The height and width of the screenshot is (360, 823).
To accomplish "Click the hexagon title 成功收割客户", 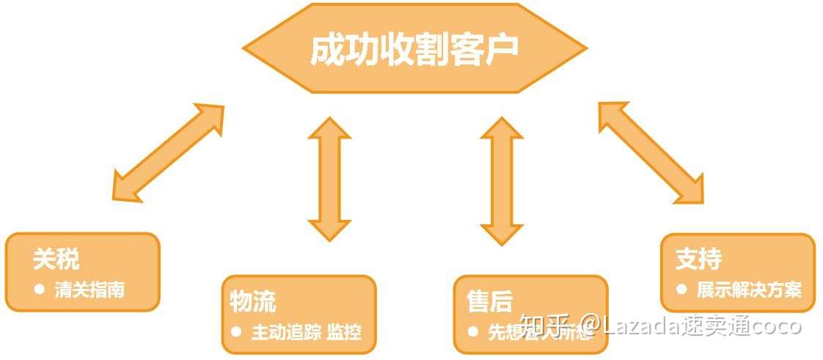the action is tap(414, 49).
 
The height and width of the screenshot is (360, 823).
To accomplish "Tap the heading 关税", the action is tap(56, 259).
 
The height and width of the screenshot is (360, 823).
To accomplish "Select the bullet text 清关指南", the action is tap(89, 289).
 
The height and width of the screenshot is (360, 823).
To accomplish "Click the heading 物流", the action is tap(252, 301).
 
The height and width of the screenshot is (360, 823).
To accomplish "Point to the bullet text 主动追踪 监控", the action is tap(306, 331).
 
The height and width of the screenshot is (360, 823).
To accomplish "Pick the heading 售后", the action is tap(489, 301).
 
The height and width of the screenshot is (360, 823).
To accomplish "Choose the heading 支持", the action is tap(698, 259).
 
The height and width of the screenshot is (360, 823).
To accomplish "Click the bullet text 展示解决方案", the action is tap(749, 289).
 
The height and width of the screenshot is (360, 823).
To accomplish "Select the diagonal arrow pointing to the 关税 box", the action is tap(168, 152).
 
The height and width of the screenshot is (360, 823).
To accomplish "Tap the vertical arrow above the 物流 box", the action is tap(329, 178).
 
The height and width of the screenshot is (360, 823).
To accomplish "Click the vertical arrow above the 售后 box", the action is tap(502, 180).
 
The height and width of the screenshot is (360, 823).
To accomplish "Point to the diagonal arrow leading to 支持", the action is tap(651, 152).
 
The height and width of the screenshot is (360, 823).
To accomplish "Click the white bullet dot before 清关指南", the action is tap(40, 289).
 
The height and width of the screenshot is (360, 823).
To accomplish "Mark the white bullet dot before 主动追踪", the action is tap(236, 331).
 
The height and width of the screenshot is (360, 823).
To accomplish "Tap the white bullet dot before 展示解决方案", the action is tap(682, 289).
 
